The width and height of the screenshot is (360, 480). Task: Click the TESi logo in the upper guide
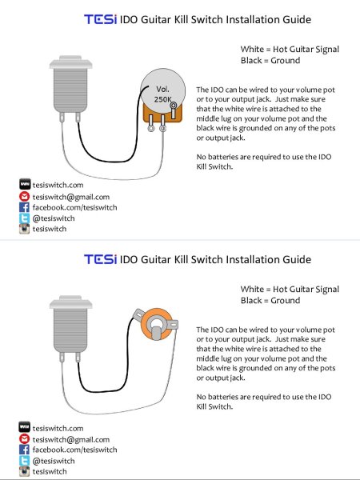click(x=101, y=19)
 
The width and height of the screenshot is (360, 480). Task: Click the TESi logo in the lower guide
click(x=101, y=259)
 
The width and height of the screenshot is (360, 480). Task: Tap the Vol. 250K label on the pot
click(x=162, y=94)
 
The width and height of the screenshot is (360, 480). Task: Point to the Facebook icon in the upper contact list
click(x=25, y=207)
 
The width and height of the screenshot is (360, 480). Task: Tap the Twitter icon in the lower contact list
click(x=25, y=461)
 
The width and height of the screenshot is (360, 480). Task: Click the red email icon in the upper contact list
click(x=25, y=197)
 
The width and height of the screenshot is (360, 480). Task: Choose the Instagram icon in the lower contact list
click(x=25, y=471)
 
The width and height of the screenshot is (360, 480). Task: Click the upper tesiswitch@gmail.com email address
click(x=71, y=197)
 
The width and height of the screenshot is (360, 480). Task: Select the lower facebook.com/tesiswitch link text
click(x=74, y=450)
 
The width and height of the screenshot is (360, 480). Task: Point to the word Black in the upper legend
click(x=251, y=60)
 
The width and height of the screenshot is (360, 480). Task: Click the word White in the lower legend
click(x=252, y=289)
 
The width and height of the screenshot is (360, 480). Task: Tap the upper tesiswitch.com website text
click(x=58, y=185)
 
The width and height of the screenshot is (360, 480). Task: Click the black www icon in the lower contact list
click(x=25, y=426)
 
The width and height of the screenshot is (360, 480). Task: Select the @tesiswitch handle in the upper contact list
click(x=54, y=218)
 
